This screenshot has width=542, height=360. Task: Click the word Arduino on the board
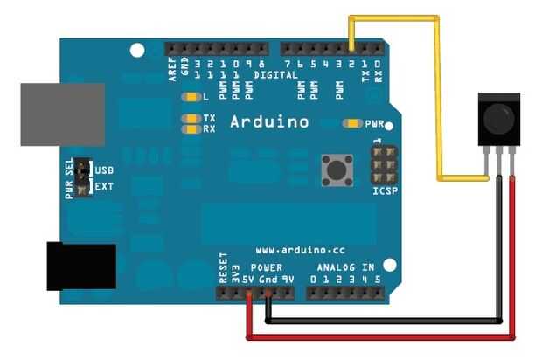point(268,122)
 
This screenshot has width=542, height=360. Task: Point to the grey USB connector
point(62,114)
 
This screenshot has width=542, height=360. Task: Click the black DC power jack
point(80,266)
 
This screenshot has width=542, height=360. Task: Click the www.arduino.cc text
point(296,251)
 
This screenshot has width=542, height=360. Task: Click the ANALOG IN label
point(344,267)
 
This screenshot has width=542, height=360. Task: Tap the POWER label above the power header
point(266,267)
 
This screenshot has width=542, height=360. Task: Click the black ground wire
point(385,321)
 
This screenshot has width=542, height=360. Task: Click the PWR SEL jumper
point(82,177)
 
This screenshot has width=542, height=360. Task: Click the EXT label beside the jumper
point(104,186)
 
